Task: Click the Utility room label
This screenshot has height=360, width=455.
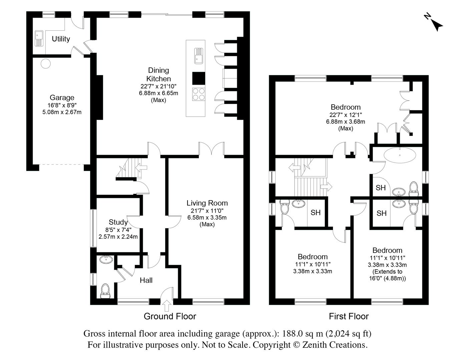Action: pyautogui.click(x=61, y=39)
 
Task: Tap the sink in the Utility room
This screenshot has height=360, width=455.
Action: pyautogui.click(x=39, y=38)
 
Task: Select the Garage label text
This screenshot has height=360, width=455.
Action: pyautogui.click(x=62, y=97)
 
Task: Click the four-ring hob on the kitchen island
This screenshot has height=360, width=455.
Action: pyautogui.click(x=198, y=94)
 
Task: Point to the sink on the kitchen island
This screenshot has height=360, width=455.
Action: pyautogui.click(x=198, y=56)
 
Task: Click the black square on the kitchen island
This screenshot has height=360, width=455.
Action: pyautogui.click(x=198, y=78)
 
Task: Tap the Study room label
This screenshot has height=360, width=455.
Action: pyautogui.click(x=118, y=222)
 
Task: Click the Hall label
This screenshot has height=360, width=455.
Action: pyautogui.click(x=146, y=280)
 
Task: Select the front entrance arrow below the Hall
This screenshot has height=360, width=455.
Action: pyautogui.click(x=166, y=305)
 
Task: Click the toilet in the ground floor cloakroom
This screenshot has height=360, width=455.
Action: pyautogui.click(x=105, y=291)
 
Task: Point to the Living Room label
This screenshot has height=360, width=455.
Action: pyautogui.click(x=207, y=203)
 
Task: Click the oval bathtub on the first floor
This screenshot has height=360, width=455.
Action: pyautogui.click(x=400, y=155)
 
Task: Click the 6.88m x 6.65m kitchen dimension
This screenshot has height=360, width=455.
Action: pyautogui.click(x=158, y=93)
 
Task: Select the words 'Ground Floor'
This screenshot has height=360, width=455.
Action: pyautogui.click(x=170, y=316)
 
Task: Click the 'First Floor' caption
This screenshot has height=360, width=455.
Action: pyautogui.click(x=349, y=316)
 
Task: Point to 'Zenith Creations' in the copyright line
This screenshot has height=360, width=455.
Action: pyautogui.click(x=335, y=345)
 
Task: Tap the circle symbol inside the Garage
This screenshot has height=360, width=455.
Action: pyautogui.click(x=45, y=63)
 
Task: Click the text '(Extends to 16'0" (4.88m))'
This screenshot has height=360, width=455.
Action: pyautogui.click(x=387, y=275)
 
